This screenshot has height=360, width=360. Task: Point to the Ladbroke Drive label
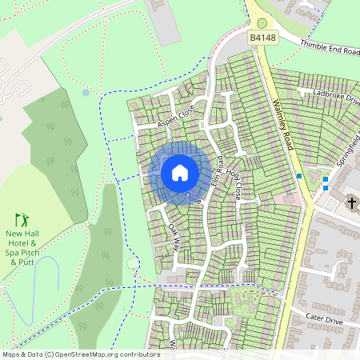pyautogui.click(x=337, y=96)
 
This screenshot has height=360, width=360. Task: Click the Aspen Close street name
pyautogui.click(x=176, y=117)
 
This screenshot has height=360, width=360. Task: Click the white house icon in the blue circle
pyautogui.click(x=179, y=172)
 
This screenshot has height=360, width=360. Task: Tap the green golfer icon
pyautogui.click(x=22, y=218)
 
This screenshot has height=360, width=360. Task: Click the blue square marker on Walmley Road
pyautogui.click(x=299, y=176)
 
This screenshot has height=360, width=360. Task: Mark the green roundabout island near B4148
pyautogui.click(x=262, y=23)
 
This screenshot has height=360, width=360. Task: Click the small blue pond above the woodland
pyautogui.click(x=86, y=93)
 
